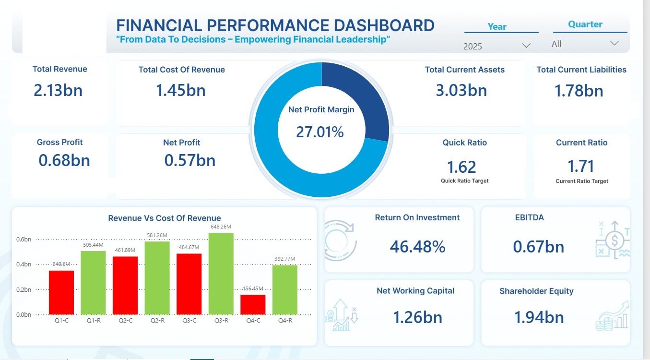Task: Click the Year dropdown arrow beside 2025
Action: point(526,46)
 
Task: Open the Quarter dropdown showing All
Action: point(614,44)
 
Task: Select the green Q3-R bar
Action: point(221,274)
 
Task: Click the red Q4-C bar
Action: point(253,304)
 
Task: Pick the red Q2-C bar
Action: point(125,285)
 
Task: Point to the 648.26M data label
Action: point(221,227)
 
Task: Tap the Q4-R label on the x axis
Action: point(284,320)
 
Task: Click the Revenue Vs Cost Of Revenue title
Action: point(165,218)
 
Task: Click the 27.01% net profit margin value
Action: point(320,132)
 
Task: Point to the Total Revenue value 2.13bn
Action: point(58,90)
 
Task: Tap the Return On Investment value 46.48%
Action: point(417,247)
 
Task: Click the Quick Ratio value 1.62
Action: point(461,167)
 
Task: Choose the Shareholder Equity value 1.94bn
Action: point(539,317)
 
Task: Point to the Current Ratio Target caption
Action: point(581,181)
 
